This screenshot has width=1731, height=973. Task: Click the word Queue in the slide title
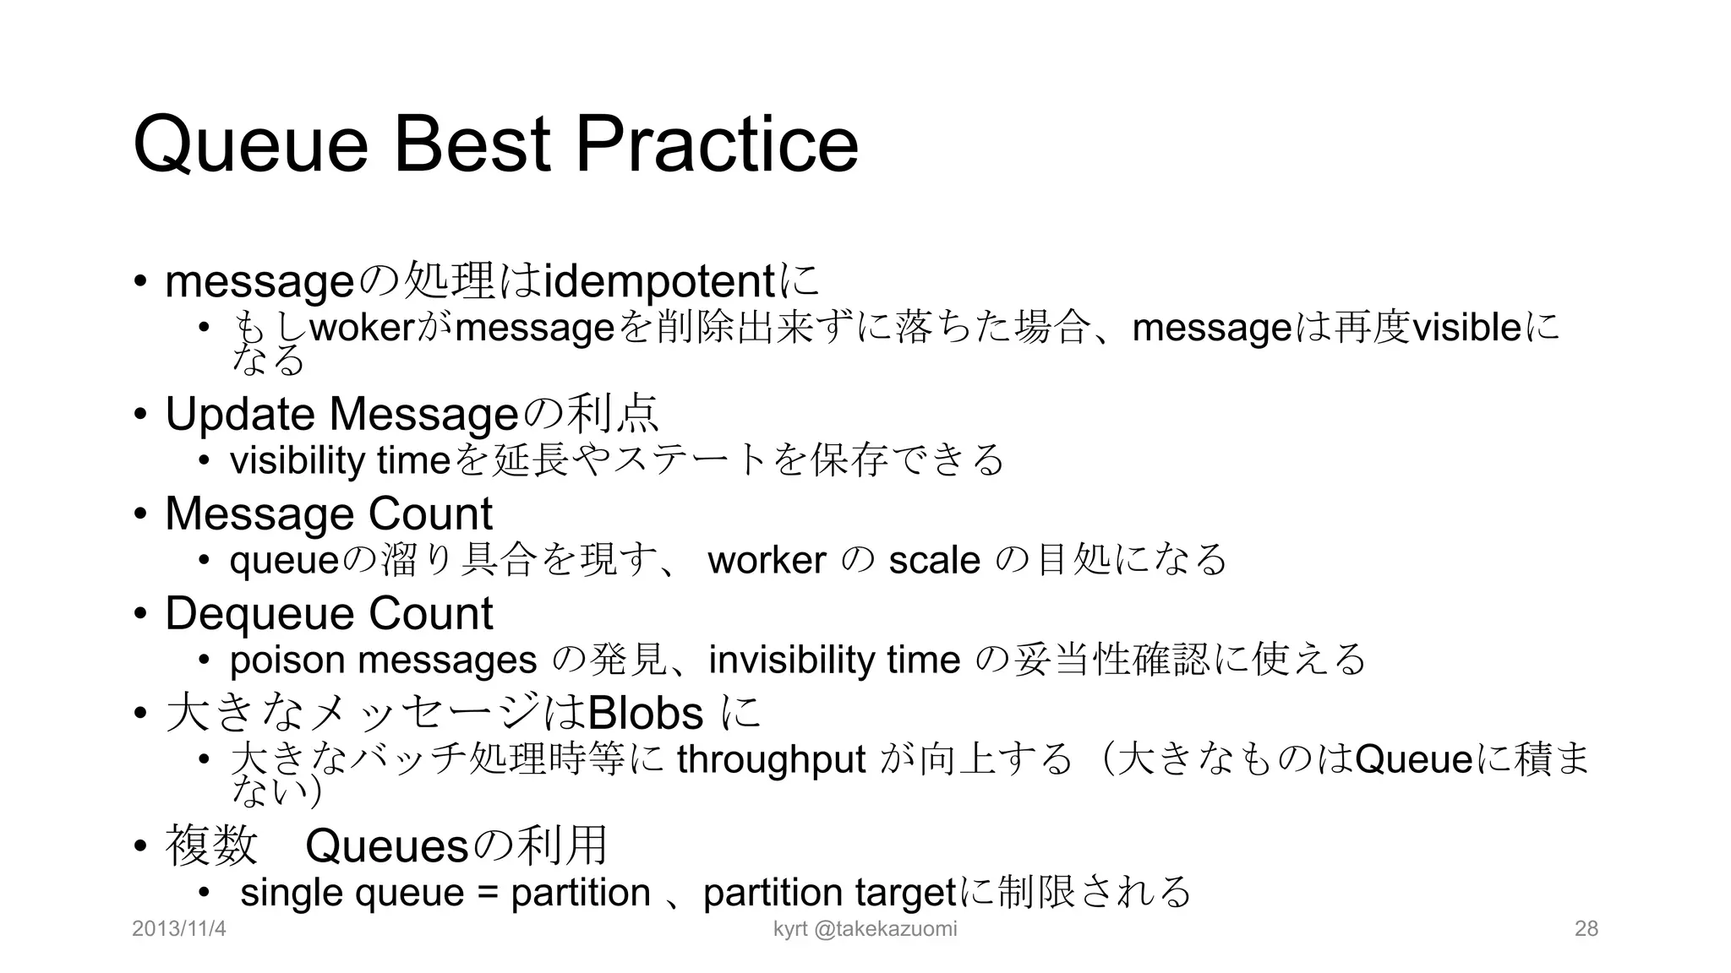pyautogui.click(x=250, y=145)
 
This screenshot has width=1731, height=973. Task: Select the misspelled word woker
pyautogui.click(x=361, y=328)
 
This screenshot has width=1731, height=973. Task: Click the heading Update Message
pyautogui.click(x=341, y=414)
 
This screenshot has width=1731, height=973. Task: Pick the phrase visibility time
pyautogui.click(x=340, y=461)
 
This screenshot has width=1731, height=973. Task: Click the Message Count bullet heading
pyautogui.click(x=328, y=514)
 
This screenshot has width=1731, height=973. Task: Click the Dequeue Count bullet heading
pyautogui.click(x=328, y=613)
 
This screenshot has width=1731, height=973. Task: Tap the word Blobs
pyautogui.click(x=645, y=714)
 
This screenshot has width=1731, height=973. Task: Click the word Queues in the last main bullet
pyautogui.click(x=386, y=845)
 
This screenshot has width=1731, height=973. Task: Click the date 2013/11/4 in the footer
pyautogui.click(x=179, y=929)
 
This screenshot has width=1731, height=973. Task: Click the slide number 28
pyautogui.click(x=1586, y=929)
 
